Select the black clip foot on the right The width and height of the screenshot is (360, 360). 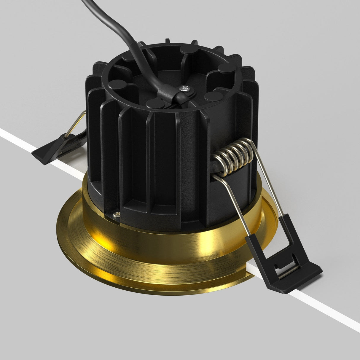pyautogui.click(x=294, y=261)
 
